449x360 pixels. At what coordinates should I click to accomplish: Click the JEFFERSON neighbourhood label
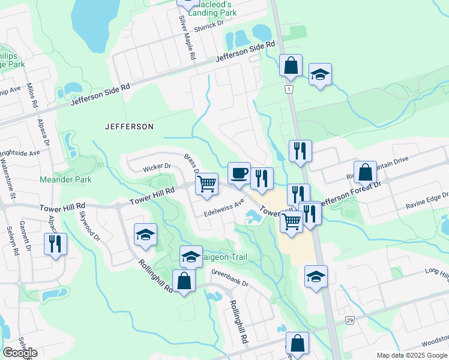(x=129, y=127)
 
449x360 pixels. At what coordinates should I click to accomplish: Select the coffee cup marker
(x=239, y=173)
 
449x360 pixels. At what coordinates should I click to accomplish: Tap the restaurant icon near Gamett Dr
(x=55, y=244)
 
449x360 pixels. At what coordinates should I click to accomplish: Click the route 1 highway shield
(x=289, y=89)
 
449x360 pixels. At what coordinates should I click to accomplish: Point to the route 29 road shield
(x=349, y=321)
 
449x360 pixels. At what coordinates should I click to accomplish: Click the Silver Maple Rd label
(x=188, y=37)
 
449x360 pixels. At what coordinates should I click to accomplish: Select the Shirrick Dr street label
(x=208, y=23)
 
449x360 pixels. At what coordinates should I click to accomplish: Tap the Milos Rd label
(x=31, y=96)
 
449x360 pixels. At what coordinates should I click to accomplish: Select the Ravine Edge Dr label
(x=427, y=201)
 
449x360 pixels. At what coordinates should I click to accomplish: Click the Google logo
(x=20, y=353)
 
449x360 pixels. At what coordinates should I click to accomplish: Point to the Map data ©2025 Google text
(x=412, y=355)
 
